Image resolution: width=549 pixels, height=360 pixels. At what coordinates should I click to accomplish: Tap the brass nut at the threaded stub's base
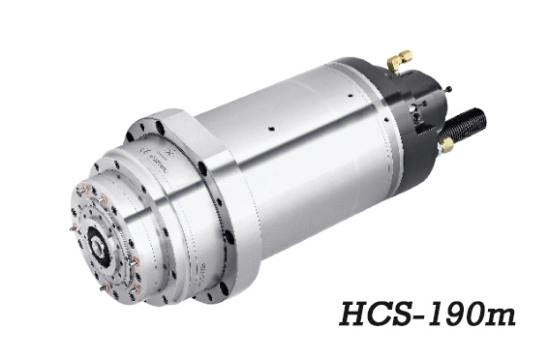coord(446,143)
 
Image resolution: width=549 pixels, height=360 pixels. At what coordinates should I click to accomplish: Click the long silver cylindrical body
coord(290,145)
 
